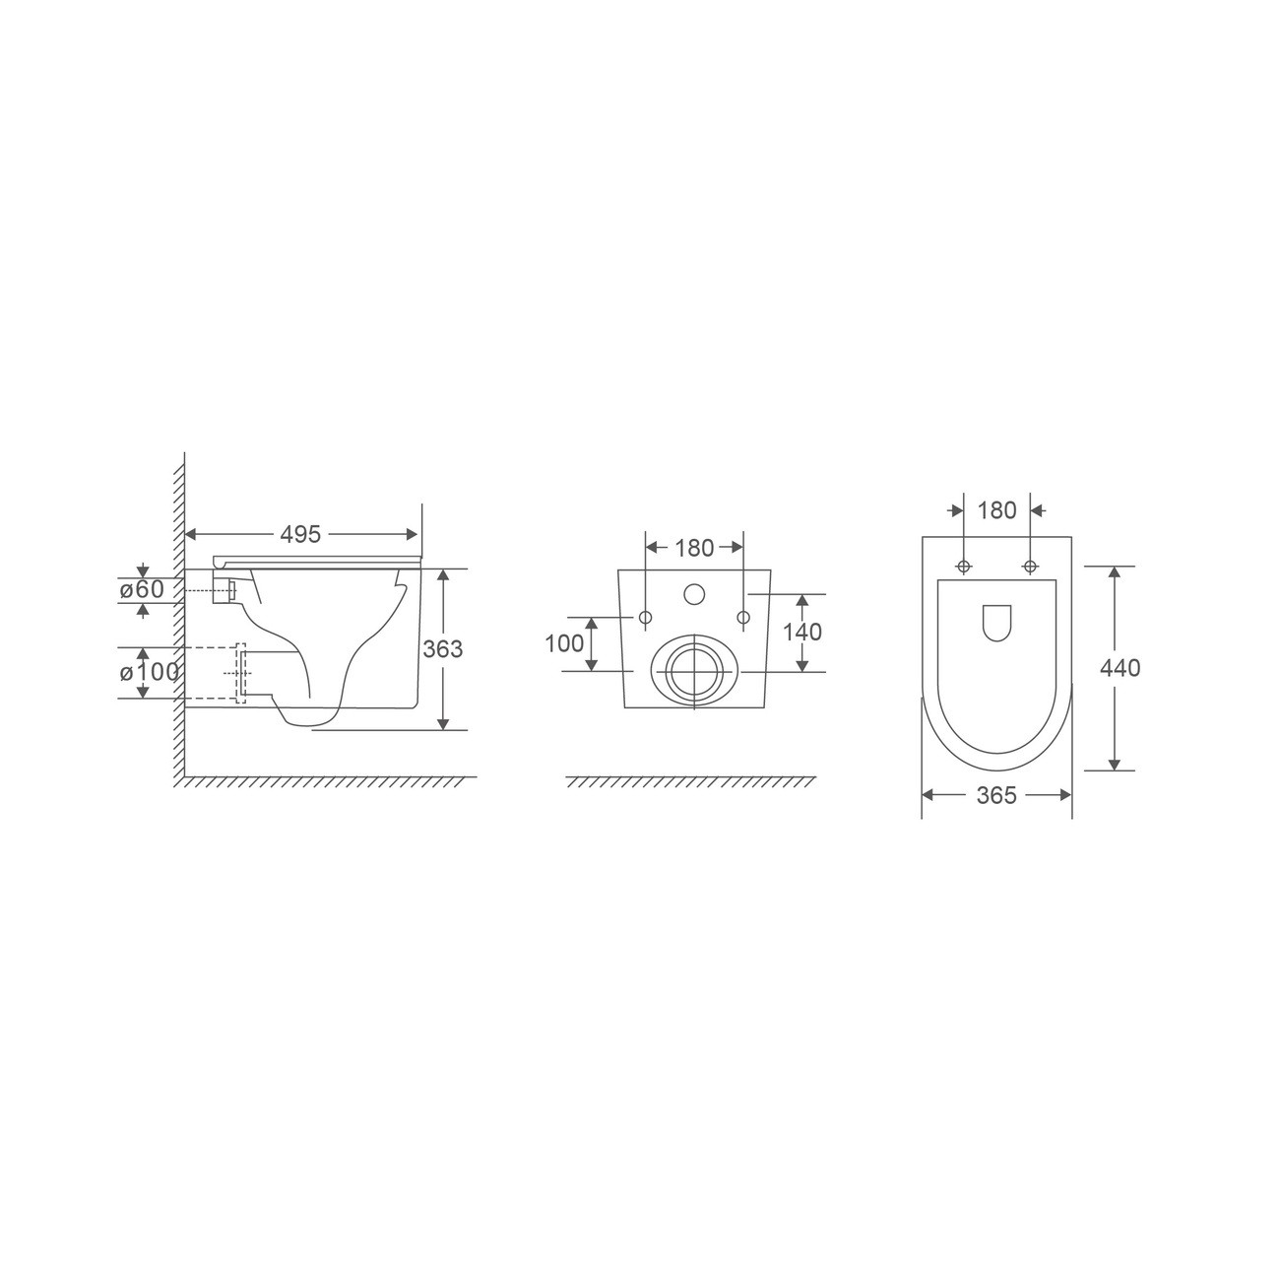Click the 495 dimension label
point(300,534)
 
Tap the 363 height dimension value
point(442,648)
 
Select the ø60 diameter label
point(142,589)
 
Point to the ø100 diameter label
point(150,672)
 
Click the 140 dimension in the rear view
point(801,632)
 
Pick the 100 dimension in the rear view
point(564,643)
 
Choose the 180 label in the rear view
point(694,549)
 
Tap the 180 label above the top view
point(997,510)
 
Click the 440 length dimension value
point(1120,667)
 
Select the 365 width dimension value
point(996,796)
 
